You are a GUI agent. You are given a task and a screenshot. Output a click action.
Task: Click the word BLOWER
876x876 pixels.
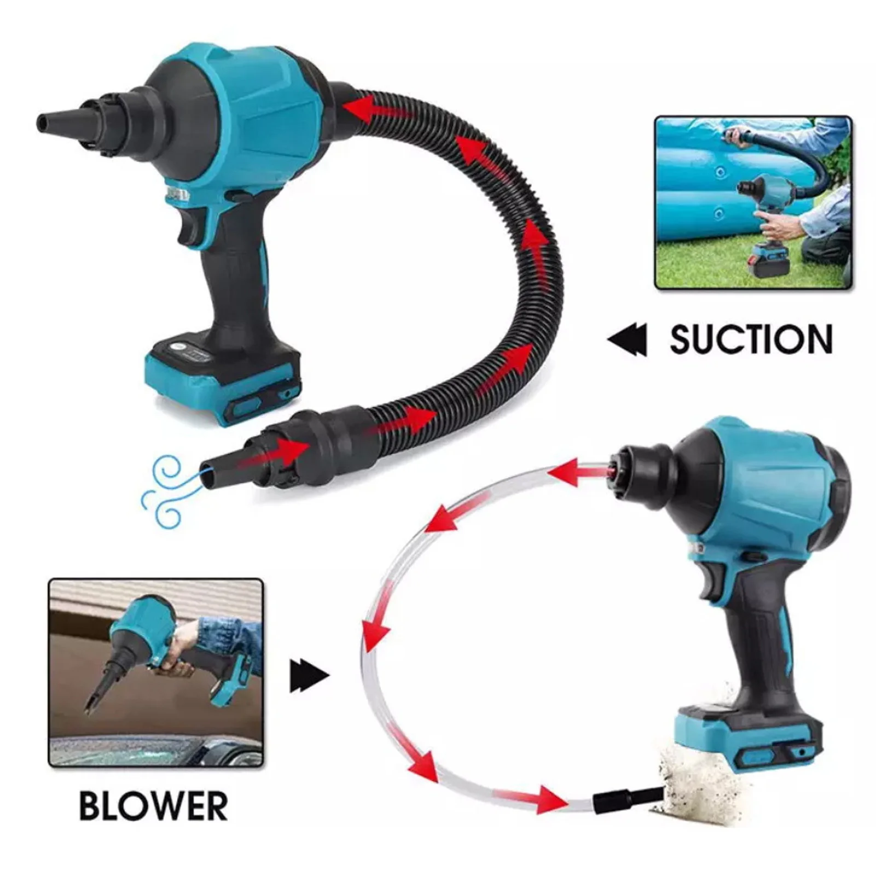point(153,805)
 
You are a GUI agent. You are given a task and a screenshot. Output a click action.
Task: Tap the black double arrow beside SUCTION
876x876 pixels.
point(627,340)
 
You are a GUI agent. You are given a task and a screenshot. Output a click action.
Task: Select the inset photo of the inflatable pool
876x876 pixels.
point(753,202)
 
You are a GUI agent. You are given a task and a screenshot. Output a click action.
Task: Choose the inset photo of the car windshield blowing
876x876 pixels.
point(156,672)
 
